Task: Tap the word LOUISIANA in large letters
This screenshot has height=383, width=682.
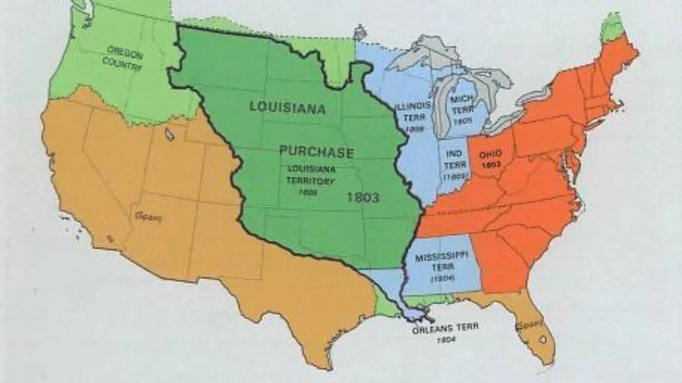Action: click(287, 108)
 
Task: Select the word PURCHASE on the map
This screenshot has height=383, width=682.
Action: click(316, 152)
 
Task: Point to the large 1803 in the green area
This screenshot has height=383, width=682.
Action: click(362, 197)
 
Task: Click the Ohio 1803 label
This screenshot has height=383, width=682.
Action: click(490, 159)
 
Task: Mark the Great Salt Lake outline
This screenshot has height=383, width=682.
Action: click(170, 134)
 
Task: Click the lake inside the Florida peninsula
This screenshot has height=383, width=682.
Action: click(542, 337)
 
